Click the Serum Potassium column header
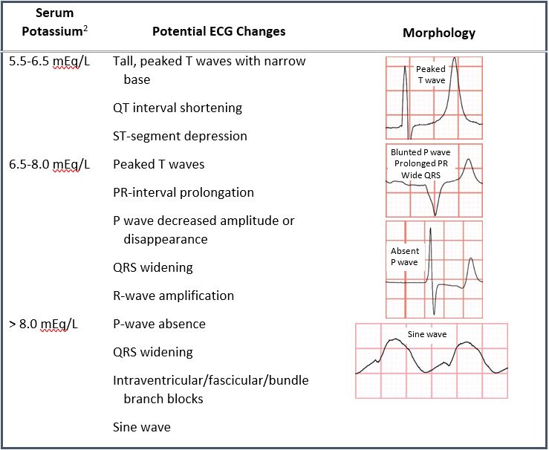tap(55, 22)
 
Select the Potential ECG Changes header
tap(219, 31)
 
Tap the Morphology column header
tap(439, 33)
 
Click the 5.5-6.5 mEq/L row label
tap(49, 61)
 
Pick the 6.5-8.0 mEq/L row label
tap(49, 164)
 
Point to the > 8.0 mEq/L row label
tap(43, 324)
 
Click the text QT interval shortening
tap(178, 108)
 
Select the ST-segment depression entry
tap(180, 136)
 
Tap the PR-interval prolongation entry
tap(183, 192)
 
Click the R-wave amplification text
tap(173, 296)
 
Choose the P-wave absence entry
tap(159, 324)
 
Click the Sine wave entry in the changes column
tap(142, 427)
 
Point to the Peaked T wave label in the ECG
tap(431, 74)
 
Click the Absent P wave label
tap(405, 256)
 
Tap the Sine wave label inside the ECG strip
tap(427, 334)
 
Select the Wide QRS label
tap(421, 175)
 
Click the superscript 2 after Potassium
tap(85, 28)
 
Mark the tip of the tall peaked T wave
tap(455, 57)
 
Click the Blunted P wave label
tap(420, 152)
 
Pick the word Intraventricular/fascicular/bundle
tap(211, 380)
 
